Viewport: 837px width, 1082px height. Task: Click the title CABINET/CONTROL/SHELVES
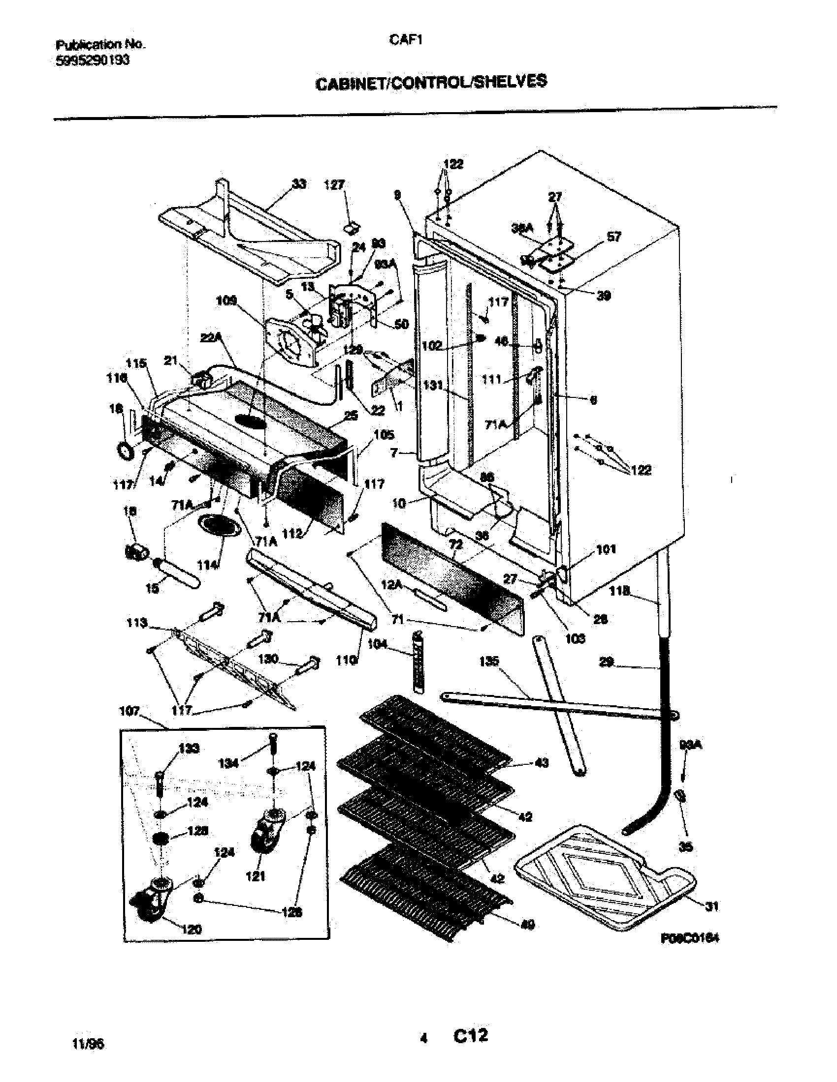(431, 82)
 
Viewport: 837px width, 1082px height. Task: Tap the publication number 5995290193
(93, 60)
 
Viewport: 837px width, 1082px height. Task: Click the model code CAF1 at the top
(405, 41)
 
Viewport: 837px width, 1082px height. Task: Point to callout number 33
(299, 184)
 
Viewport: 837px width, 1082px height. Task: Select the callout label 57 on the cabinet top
(613, 237)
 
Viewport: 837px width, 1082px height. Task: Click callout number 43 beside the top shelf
(542, 762)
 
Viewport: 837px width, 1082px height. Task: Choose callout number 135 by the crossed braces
(489, 661)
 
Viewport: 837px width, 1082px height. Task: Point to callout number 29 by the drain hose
(607, 662)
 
